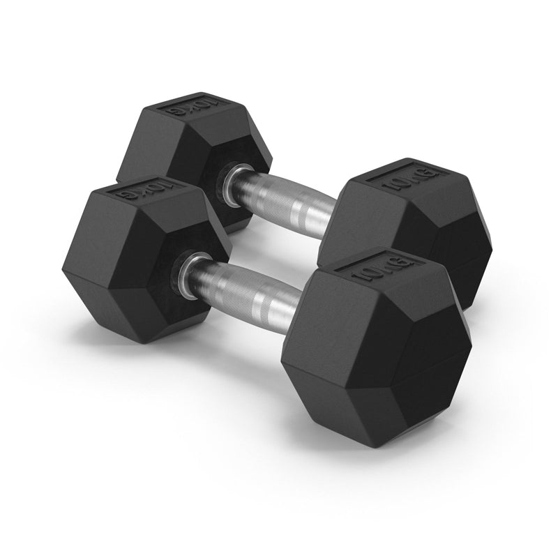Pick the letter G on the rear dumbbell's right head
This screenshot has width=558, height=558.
pos(432,174)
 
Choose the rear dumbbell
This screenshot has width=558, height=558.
pos(307,195)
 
